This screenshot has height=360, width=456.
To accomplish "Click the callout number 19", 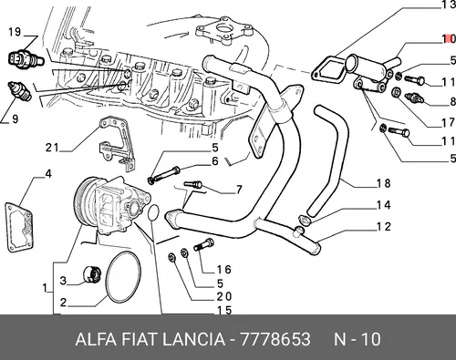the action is [x=14, y=32].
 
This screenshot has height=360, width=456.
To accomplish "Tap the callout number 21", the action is [x=52, y=148].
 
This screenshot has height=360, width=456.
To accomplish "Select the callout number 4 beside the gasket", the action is [x=48, y=174].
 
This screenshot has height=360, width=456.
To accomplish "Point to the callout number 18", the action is [x=384, y=183].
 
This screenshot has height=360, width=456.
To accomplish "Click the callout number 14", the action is [x=384, y=205].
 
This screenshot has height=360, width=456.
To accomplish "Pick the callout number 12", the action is [x=384, y=227].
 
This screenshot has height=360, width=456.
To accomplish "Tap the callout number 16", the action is [x=224, y=270].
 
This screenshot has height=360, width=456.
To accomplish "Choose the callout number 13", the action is [x=449, y=5].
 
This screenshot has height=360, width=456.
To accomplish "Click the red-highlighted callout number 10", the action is [x=449, y=39].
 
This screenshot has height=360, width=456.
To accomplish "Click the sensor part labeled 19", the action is [x=26, y=58].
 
